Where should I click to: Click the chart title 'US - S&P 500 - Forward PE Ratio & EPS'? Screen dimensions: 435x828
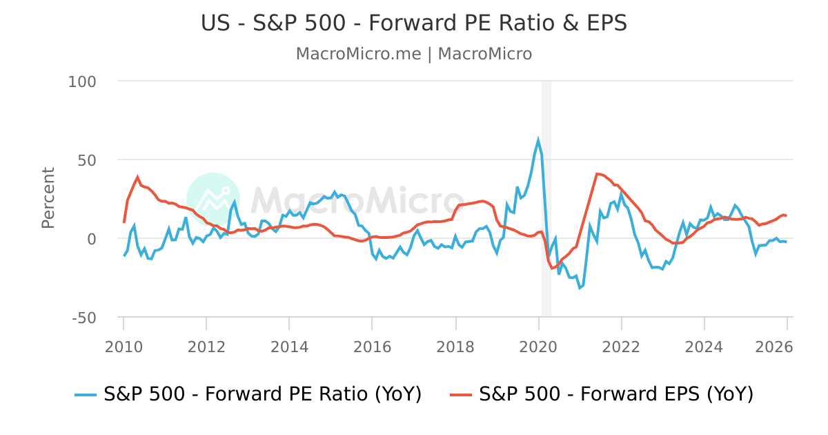coord(414,23)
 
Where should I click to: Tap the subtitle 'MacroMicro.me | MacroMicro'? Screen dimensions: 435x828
coord(414,54)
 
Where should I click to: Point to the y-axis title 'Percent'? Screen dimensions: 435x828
coord(48,197)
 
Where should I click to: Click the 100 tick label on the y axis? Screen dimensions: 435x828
coord(82,81)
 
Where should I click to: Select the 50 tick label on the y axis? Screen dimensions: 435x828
coord(87,160)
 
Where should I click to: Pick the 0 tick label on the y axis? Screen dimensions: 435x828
coord(92,239)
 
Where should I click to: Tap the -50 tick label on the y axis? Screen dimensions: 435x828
coord(84,318)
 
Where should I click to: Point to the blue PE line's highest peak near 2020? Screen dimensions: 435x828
coord(538,140)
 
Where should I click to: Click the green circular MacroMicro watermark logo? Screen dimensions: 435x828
coord(213,200)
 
